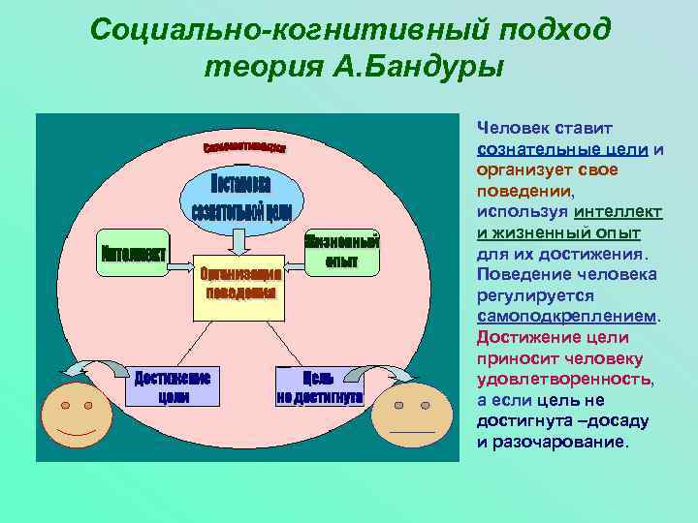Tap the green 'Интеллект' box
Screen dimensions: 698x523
pyautogui.click(x=133, y=255)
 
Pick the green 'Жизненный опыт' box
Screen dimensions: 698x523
pyautogui.click(x=342, y=251)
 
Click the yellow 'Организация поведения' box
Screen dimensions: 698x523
pyautogui.click(x=241, y=283)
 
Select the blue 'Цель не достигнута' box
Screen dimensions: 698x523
pyautogui.click(x=320, y=386)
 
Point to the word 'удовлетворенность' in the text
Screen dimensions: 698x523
pyautogui.click(x=563, y=380)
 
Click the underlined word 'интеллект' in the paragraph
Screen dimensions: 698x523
pyautogui.click(x=618, y=212)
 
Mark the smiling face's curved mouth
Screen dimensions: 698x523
pyautogui.click(x=76, y=429)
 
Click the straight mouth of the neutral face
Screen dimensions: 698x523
pyautogui.click(x=411, y=430)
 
